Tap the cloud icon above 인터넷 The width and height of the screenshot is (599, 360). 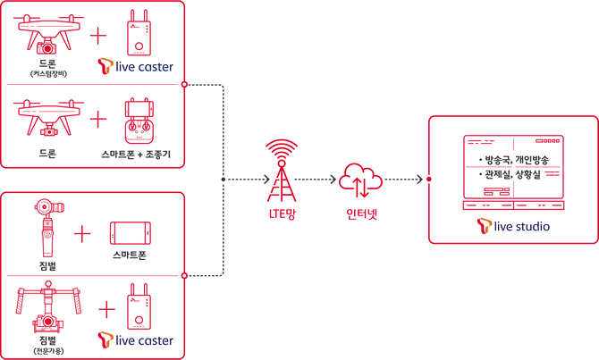click(360, 178)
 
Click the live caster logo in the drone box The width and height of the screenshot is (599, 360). click(135, 65)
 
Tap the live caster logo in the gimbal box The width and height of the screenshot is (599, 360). click(135, 340)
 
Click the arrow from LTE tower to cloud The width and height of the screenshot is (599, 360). click(317, 179)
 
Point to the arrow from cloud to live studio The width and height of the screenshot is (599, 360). click(403, 179)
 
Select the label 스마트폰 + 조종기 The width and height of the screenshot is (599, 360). click(137, 154)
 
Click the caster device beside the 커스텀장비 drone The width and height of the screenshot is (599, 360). click(137, 31)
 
